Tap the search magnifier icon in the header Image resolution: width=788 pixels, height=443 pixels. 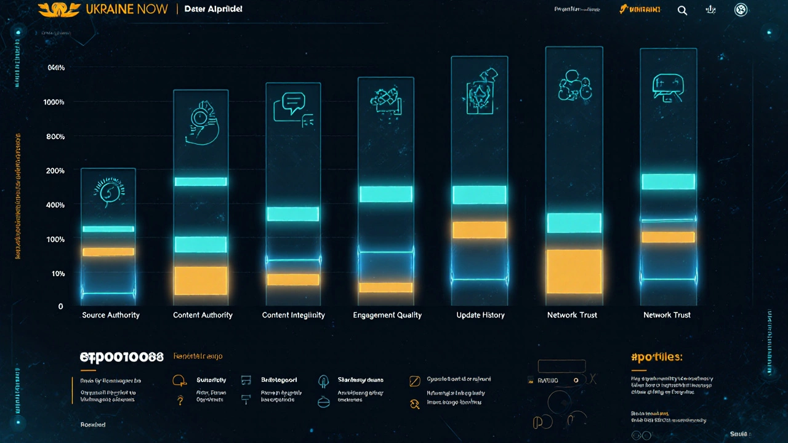[682, 10]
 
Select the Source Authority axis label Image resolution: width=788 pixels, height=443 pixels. [111, 315]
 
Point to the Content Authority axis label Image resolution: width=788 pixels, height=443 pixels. [203, 315]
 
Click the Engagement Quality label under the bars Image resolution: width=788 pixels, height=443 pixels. [387, 315]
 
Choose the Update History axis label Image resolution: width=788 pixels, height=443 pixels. [480, 315]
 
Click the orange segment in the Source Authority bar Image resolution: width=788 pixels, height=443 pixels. [108, 252]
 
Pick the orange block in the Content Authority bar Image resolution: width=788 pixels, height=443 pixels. [201, 281]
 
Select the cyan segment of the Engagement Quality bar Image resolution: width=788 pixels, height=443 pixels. [386, 194]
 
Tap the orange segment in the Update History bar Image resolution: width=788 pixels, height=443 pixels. [480, 230]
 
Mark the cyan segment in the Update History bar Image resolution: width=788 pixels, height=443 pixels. [480, 195]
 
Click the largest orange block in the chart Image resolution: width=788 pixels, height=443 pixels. [574, 271]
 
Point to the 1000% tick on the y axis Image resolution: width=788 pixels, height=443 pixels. [54, 102]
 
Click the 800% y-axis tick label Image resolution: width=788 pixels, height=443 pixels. [55, 137]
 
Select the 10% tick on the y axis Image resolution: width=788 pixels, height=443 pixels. [57, 273]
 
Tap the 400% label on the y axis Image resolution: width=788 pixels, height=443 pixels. [55, 205]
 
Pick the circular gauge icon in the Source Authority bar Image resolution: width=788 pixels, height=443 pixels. [108, 191]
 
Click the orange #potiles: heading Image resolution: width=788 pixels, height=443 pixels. [657, 357]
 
